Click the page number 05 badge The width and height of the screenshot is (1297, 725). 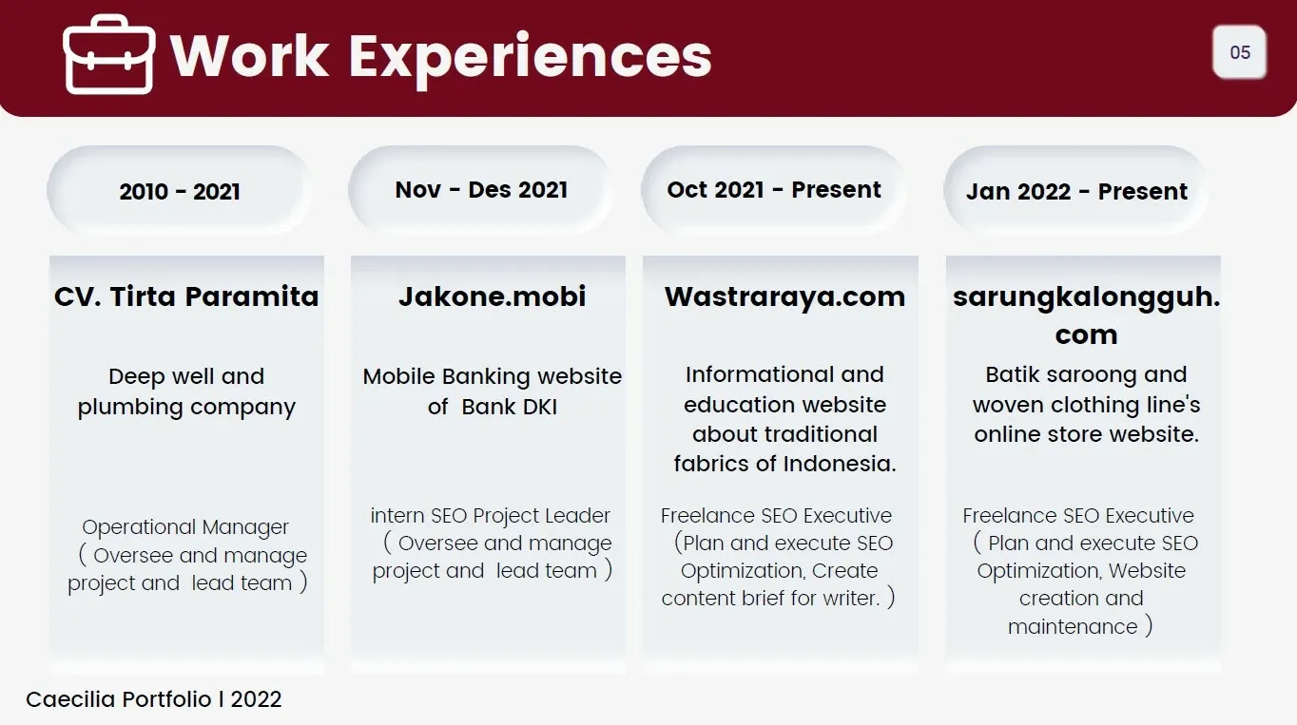click(x=1240, y=52)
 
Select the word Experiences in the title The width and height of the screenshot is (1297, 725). click(x=531, y=56)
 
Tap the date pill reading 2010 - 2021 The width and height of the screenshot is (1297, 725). click(x=180, y=191)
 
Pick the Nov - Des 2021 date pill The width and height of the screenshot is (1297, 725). click(x=481, y=189)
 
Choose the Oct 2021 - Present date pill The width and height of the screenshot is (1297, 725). click(x=774, y=189)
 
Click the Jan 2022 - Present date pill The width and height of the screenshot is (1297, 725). click(x=1076, y=191)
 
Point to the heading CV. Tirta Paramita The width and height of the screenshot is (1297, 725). click(x=186, y=296)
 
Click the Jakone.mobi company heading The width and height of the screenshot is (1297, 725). click(x=492, y=296)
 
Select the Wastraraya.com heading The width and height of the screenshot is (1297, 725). click(x=784, y=296)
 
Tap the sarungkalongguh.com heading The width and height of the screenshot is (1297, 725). click(x=1086, y=315)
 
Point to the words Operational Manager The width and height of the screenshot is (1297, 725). click(x=185, y=527)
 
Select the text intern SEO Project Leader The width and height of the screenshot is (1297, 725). click(x=491, y=516)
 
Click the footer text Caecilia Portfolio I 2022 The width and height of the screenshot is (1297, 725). click(x=154, y=699)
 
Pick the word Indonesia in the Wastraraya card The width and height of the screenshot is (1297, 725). click(x=838, y=464)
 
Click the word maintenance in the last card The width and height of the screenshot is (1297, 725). click(x=1073, y=627)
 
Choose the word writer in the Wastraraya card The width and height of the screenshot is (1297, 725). click(x=850, y=599)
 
